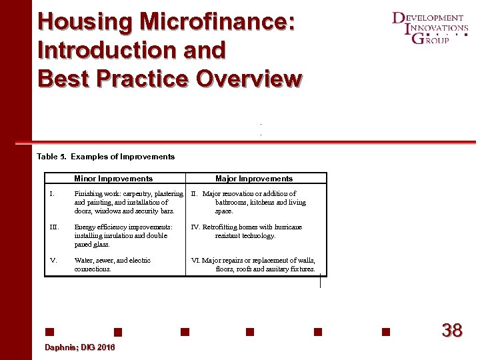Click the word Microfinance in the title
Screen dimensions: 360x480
[216, 22]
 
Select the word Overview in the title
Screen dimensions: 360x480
[248, 78]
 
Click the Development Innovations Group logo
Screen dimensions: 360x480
[429, 28]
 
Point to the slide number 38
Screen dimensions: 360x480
[452, 330]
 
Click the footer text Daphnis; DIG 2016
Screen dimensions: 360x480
[79, 348]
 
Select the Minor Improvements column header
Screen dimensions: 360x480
[113, 179]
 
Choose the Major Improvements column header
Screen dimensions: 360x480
[254, 179]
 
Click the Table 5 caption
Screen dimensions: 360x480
[105, 157]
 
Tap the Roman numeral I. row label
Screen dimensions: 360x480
[52, 194]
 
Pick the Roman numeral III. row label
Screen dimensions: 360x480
[54, 227]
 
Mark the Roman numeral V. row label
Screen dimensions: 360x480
[53, 261]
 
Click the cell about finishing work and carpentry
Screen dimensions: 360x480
[128, 202]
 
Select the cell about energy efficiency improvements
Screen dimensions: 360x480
[123, 235]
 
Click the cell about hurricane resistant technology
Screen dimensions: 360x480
[247, 231]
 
